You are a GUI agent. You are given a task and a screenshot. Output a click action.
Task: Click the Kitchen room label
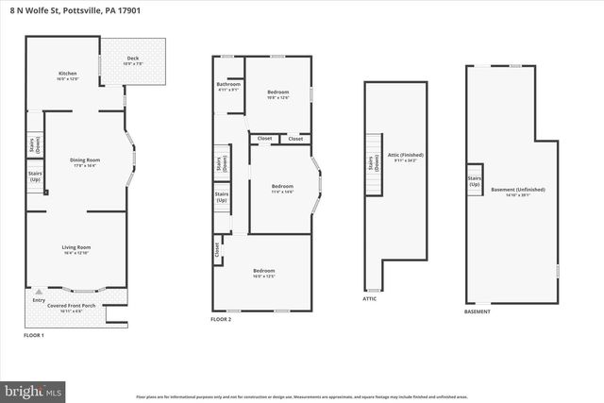(67, 75)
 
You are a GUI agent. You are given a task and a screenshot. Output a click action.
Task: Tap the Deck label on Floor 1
(133, 60)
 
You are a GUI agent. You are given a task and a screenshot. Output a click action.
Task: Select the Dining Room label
(85, 161)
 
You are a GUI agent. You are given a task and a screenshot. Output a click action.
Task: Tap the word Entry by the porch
(38, 300)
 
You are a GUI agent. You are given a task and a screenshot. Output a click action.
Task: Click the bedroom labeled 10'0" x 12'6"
(277, 93)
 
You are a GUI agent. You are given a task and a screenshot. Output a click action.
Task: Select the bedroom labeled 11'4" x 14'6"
(283, 187)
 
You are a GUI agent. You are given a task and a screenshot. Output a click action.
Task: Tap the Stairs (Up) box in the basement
(475, 180)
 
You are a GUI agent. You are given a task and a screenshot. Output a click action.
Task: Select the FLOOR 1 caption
(34, 335)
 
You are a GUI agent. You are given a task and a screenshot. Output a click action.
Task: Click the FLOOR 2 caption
(223, 320)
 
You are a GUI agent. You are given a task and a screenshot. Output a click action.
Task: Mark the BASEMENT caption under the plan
(478, 311)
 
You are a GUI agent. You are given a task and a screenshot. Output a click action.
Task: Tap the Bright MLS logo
(34, 389)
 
